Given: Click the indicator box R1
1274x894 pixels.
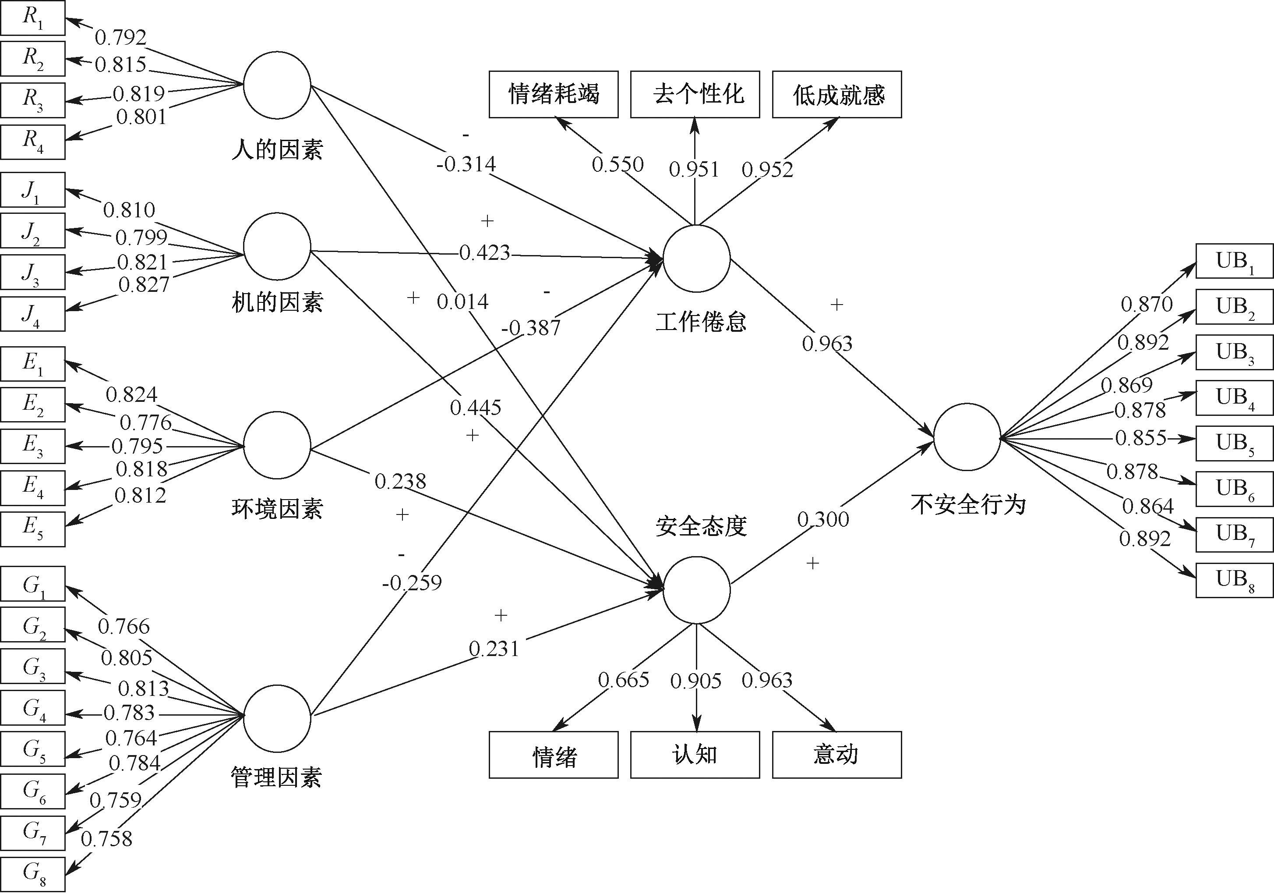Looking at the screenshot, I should (x=32, y=18).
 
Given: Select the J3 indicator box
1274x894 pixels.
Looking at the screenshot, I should (x=32, y=272).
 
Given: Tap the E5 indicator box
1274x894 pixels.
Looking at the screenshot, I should (x=32, y=529).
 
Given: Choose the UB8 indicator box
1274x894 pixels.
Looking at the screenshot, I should (x=1234, y=580).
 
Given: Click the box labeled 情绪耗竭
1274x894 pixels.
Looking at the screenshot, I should (x=553, y=94).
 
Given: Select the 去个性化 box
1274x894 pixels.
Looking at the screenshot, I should (x=695, y=94).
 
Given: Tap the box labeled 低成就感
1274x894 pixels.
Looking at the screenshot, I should (x=837, y=94).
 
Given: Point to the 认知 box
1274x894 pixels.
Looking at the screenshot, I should (x=695, y=755).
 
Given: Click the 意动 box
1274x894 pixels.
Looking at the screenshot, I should (x=837, y=755).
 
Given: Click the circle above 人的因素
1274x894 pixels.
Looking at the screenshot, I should (x=277, y=85).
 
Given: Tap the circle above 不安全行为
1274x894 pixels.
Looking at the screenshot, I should (x=967, y=437).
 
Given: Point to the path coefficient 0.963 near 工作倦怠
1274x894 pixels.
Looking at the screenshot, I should (x=827, y=344).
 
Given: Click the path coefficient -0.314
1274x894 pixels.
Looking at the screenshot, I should (x=466, y=164).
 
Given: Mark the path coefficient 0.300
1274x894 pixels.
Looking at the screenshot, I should (x=823, y=520).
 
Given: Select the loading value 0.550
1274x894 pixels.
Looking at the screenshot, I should (x=617, y=164).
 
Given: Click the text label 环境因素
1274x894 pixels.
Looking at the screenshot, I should (x=277, y=509).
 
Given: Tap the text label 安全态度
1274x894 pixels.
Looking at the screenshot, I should (x=701, y=526).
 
